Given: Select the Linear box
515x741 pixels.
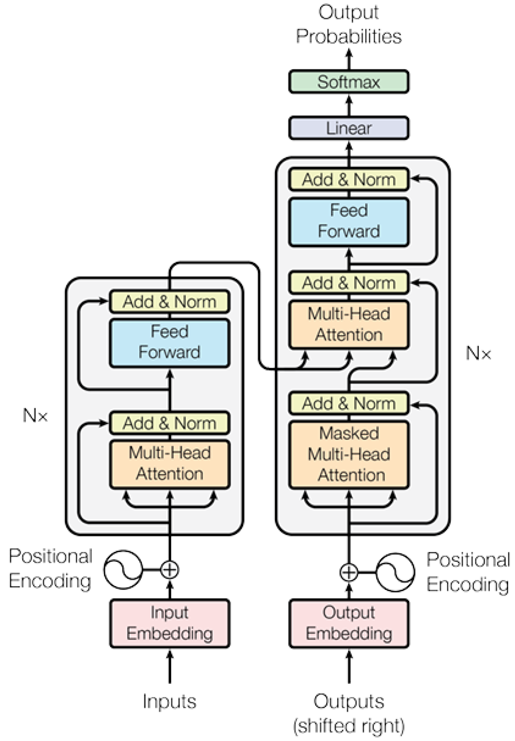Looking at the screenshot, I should coord(349,128).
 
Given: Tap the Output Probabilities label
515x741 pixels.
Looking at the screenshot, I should coord(349,24).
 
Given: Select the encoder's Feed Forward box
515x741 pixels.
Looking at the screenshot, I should coord(170,342).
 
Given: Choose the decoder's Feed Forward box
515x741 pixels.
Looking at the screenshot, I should coord(349,222).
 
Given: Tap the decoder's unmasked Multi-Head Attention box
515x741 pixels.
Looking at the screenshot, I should coord(349,324).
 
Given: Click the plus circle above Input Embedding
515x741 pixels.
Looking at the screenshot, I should coord(170,570).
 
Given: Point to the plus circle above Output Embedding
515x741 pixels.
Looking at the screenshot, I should coord(349,573).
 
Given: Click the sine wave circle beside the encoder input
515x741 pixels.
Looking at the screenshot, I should coord(123,570).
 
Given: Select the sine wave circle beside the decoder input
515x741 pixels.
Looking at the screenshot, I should coord(395,573).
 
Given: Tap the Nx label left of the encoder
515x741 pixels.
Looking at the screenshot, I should coord(35,415).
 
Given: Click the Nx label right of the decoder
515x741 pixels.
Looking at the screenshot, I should coord(478,353).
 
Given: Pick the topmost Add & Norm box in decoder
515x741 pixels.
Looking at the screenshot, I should coord(349,179).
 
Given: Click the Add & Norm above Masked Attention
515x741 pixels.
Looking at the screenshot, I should coord(349,403).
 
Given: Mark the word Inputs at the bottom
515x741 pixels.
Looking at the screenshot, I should coord(170,701).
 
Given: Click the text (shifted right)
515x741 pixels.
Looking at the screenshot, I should coord(349,726).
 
